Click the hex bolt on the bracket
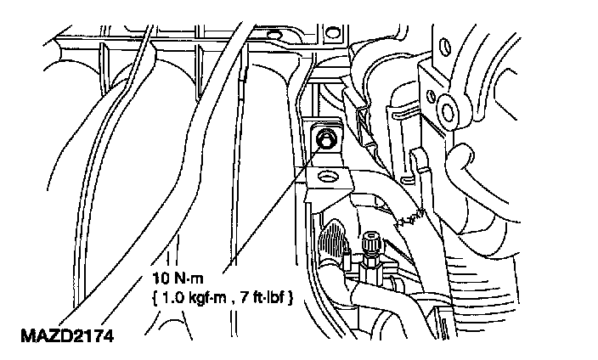(324, 137)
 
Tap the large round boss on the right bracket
(447, 108)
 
